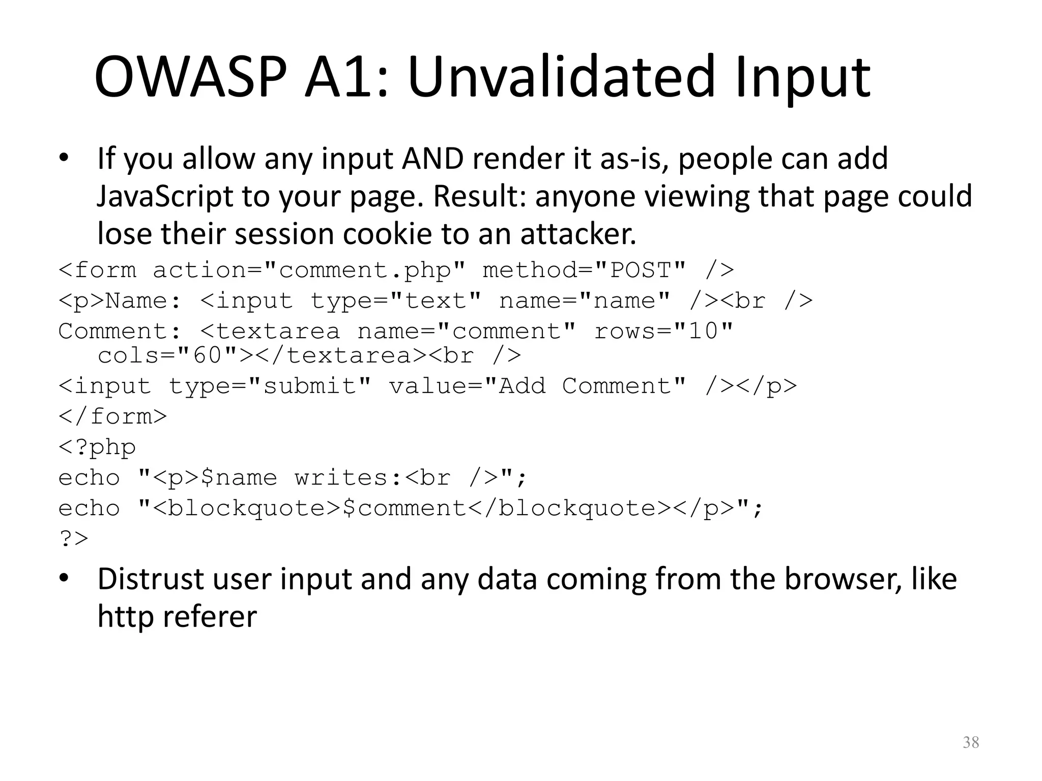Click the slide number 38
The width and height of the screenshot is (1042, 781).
click(971, 742)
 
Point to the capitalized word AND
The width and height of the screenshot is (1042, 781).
click(432, 158)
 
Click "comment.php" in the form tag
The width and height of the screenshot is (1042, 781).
click(365, 270)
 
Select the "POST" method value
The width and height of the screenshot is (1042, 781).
click(641, 270)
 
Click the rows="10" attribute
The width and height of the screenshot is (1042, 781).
click(663, 331)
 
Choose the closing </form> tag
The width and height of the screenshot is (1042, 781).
click(112, 416)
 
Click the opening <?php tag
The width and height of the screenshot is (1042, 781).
click(97, 447)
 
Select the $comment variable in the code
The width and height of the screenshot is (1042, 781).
click(404, 508)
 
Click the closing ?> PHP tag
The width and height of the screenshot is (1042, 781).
click(73, 538)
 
